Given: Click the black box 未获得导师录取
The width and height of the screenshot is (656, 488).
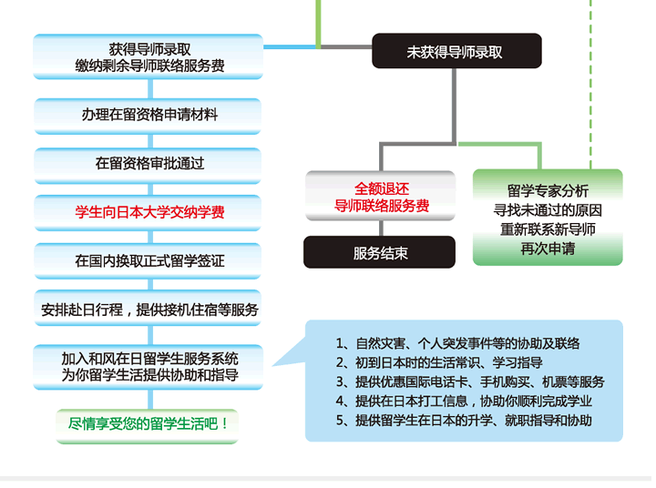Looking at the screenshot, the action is click(x=456, y=51).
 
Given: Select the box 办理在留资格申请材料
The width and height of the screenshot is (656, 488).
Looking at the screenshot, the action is click(x=148, y=116).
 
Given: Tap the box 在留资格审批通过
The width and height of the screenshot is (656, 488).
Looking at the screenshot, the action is click(x=148, y=165).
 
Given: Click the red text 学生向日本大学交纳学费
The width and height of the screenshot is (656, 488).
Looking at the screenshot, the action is click(x=149, y=212).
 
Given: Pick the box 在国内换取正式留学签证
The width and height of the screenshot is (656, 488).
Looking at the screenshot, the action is click(x=148, y=260).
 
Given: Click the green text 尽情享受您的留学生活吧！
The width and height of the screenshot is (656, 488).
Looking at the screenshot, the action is click(x=148, y=424).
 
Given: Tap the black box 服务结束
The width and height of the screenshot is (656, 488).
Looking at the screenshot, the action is click(x=379, y=252).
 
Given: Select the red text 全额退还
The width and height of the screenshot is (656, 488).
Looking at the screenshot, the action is click(x=382, y=188).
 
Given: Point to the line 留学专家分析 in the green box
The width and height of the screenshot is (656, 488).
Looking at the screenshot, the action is click(x=548, y=190).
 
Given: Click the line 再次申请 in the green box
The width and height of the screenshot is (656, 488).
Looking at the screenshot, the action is click(x=548, y=249).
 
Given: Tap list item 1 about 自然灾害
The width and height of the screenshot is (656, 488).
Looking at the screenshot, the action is click(x=457, y=343).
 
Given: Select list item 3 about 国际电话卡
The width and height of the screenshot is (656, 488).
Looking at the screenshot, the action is click(x=470, y=381).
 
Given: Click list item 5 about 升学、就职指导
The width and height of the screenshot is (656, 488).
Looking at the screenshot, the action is click(x=464, y=420).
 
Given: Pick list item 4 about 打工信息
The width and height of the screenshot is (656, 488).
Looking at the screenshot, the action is click(x=464, y=401).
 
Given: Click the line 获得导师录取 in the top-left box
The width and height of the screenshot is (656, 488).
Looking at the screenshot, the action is click(x=149, y=49).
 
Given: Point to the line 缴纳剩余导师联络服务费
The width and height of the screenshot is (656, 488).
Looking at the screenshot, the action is click(x=149, y=66).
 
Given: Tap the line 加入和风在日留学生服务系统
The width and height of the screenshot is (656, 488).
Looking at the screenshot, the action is click(x=149, y=359).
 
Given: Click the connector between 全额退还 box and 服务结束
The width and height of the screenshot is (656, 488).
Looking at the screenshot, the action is click(x=381, y=229).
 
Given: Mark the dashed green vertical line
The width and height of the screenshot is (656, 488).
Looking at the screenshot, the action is click(x=590, y=84).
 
